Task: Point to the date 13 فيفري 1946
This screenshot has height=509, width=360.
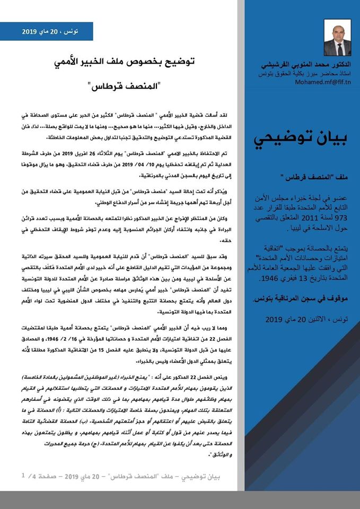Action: point(292,278)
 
